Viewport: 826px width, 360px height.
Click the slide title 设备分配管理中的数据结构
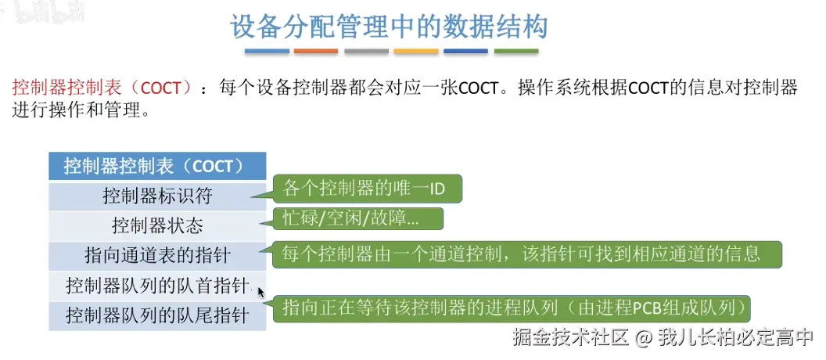(389, 28)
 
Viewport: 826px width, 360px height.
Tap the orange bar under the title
(316, 51)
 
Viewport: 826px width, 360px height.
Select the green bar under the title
(516, 51)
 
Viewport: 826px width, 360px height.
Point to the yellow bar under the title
(416, 51)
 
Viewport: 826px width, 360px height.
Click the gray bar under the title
(367, 51)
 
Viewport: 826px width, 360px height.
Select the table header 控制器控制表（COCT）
(157, 167)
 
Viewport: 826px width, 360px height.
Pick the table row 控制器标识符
(157, 196)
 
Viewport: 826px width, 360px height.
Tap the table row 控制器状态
(157, 227)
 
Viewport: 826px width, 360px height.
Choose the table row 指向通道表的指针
(157, 257)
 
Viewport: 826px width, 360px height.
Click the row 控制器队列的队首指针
(157, 286)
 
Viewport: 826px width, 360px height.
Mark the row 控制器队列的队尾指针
(157, 316)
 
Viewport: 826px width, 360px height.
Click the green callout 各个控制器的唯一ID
(367, 189)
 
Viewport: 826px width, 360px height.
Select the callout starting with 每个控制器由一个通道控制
(526, 254)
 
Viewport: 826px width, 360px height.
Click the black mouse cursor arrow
(260, 293)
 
